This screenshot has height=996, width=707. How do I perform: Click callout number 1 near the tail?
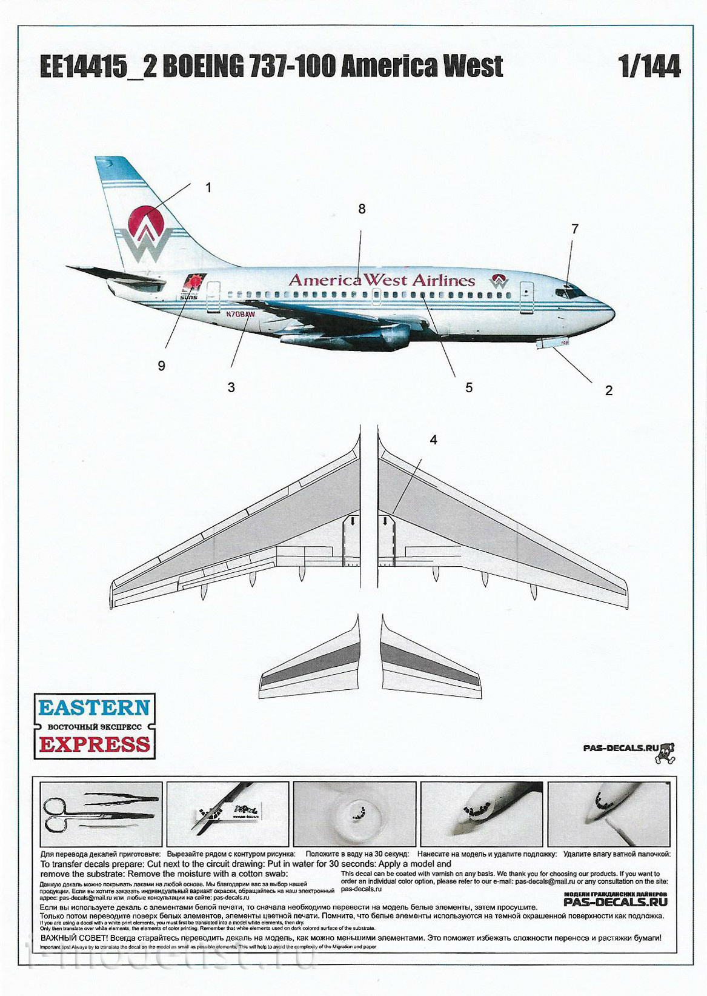click(x=208, y=188)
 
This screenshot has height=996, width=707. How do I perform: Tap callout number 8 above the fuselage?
click(x=362, y=209)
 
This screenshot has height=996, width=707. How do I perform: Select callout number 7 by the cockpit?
click(x=575, y=229)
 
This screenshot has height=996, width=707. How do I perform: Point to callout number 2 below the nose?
click(x=608, y=390)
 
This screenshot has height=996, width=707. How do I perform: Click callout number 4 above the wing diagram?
click(x=433, y=440)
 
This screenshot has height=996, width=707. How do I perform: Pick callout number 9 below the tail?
click(x=161, y=366)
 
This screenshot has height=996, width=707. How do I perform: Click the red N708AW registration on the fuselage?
click(x=241, y=315)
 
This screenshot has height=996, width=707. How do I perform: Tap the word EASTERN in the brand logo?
click(x=95, y=707)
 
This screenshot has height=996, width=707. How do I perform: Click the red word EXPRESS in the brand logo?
click(x=95, y=744)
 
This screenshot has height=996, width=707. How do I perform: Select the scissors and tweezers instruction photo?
click(x=101, y=814)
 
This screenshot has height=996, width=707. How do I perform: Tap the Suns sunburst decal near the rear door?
click(x=194, y=282)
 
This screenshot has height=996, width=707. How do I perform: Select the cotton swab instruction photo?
click(x=608, y=814)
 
